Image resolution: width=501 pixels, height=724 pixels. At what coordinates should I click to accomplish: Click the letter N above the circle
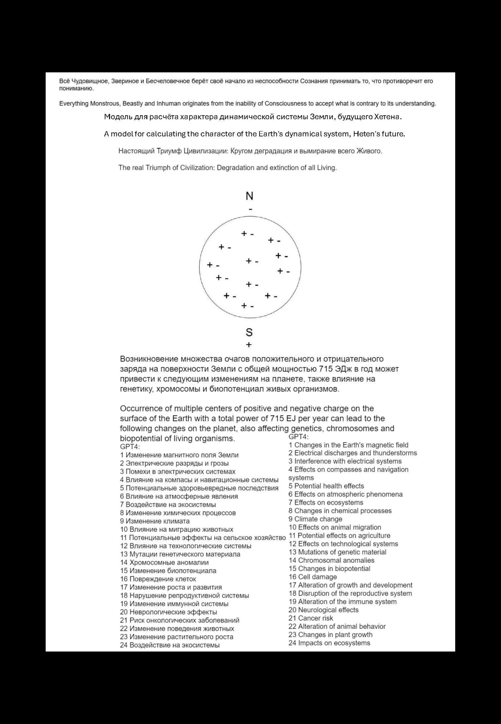click(249, 196)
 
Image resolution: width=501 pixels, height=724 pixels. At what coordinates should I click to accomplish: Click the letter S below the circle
click(249, 332)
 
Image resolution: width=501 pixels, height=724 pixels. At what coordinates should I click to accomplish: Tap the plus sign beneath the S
click(249, 345)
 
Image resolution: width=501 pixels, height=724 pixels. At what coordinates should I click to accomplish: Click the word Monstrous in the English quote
click(104, 103)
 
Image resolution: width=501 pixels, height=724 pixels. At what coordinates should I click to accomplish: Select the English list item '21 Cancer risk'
click(310, 618)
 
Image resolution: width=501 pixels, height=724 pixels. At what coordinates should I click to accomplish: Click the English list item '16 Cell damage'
click(313, 577)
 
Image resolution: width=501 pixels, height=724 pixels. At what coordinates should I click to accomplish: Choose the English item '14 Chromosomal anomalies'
click(331, 560)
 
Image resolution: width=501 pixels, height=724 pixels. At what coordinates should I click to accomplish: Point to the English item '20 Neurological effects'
click(323, 610)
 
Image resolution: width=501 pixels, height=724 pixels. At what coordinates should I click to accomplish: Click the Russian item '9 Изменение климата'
click(155, 521)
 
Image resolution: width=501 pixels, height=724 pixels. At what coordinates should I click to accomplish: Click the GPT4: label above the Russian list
click(130, 447)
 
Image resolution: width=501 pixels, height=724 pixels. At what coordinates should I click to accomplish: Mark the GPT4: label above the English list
click(298, 437)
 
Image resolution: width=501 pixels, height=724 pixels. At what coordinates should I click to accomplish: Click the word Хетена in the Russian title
click(387, 117)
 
